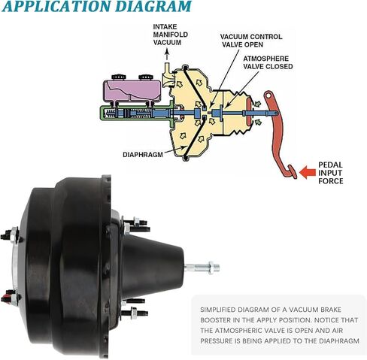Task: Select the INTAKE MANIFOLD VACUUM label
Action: coord(170,35)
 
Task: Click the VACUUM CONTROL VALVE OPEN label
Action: coord(251,41)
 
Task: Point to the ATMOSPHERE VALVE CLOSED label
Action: coord(268,62)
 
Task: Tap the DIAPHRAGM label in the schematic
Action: coord(143,155)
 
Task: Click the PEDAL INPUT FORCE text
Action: coord(330,173)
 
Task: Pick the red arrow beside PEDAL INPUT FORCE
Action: coord(308,172)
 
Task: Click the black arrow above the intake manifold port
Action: coord(167,55)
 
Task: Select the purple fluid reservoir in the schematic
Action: coord(132,91)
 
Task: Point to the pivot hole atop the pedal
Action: coord(268,95)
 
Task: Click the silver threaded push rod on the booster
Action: coord(202,268)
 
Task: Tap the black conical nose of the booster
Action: coord(153,267)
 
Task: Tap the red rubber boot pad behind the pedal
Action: coord(249,113)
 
